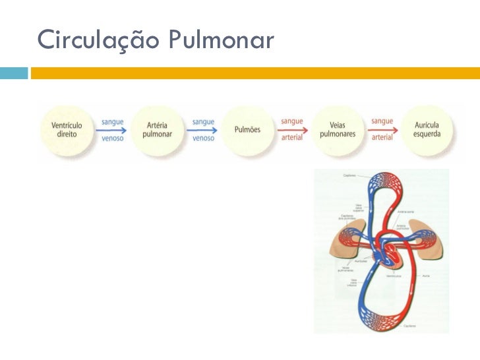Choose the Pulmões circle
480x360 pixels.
pos(247,130)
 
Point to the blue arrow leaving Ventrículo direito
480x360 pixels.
pos(111,130)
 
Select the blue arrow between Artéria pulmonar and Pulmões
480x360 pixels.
pos(202,130)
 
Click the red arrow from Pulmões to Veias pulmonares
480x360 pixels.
pos(292,130)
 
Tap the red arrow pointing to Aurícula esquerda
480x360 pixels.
pos(382,130)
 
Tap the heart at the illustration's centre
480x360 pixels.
pos(383,253)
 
